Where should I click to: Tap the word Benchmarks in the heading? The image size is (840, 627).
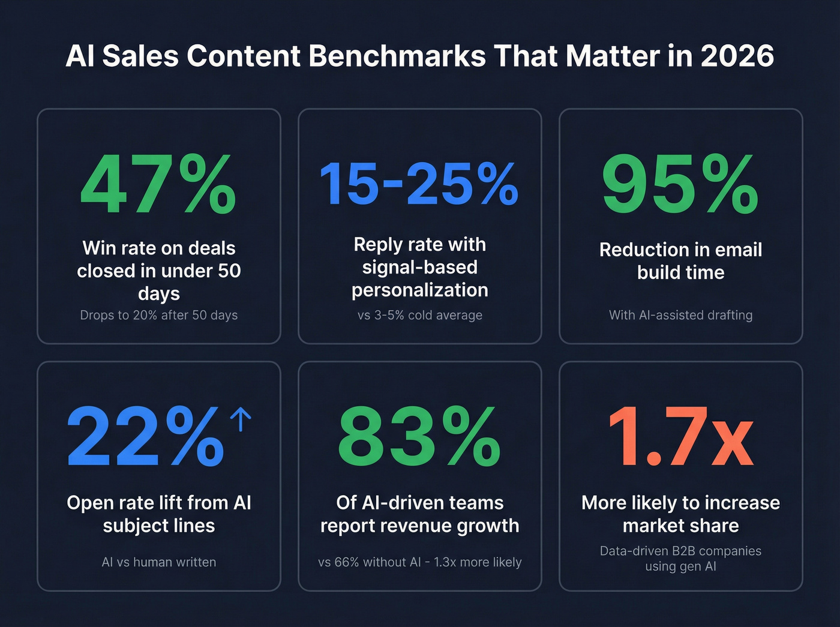point(396,56)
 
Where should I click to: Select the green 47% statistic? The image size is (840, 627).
point(158,184)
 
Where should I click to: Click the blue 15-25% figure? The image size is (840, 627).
point(419,184)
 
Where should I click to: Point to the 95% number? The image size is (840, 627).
point(680,184)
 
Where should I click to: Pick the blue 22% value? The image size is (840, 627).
point(145,437)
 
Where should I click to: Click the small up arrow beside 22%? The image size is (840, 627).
point(241,419)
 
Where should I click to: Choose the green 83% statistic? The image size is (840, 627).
point(419,437)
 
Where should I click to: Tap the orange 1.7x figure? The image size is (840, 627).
point(680,437)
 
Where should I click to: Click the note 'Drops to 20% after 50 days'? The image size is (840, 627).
point(158,315)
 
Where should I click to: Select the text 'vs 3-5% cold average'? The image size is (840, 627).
point(419,315)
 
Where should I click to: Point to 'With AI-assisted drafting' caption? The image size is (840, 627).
point(680,315)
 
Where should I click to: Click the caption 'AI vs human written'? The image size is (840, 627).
point(158,562)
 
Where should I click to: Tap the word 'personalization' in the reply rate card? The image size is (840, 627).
point(419,290)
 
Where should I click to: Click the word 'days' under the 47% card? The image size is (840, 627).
point(158,294)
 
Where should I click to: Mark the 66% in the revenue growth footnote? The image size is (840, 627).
point(346,562)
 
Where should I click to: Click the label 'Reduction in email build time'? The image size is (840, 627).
point(680,261)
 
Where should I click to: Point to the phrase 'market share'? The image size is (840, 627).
point(680,526)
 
